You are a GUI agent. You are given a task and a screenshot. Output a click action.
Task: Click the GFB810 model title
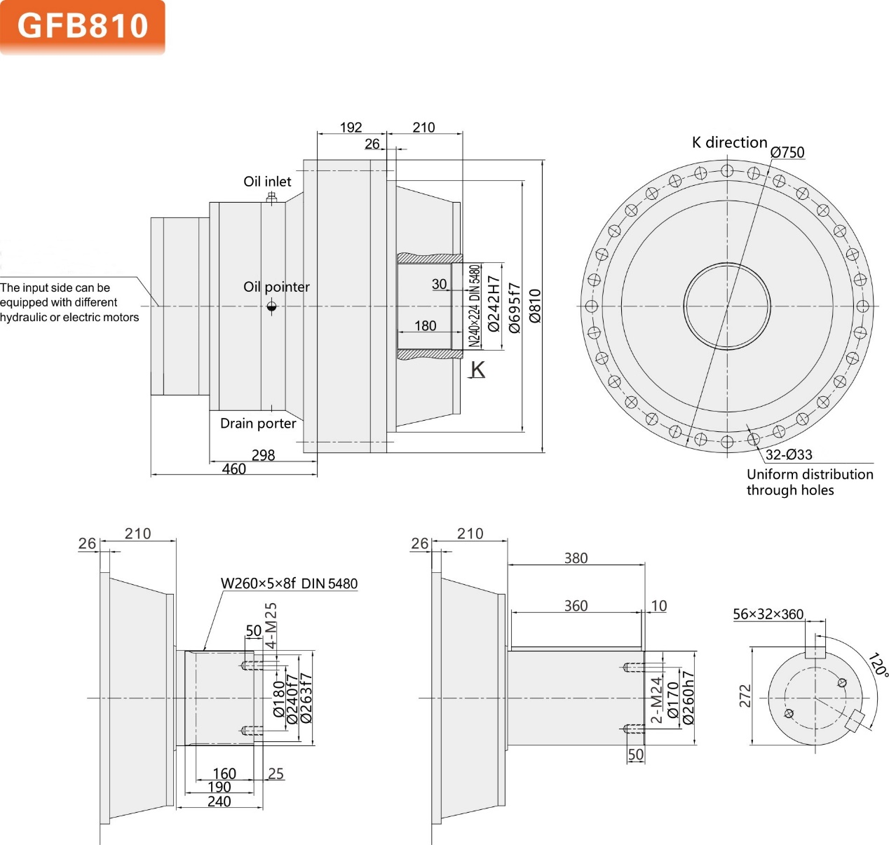tap(83, 26)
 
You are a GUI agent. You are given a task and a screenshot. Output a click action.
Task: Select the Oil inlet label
tap(267, 182)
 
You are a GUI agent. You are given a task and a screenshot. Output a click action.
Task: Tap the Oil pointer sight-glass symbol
tap(272, 306)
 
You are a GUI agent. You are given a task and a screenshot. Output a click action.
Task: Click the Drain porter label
tap(258, 424)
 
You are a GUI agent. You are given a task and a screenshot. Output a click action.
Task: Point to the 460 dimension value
tap(234, 469)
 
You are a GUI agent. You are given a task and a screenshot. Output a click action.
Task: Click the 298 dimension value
tap(263, 455)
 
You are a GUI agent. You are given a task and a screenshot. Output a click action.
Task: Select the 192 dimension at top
tap(351, 128)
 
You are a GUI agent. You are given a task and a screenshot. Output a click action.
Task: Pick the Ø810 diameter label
tap(535, 306)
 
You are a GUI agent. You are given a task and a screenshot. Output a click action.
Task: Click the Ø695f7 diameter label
tap(515, 308)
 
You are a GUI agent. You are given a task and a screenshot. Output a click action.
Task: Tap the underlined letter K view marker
tap(477, 370)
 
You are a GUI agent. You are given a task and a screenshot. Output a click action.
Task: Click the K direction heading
tap(729, 142)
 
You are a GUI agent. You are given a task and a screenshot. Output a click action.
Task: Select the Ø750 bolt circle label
tap(787, 152)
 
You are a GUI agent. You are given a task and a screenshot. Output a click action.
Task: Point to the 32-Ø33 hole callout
tap(789, 454)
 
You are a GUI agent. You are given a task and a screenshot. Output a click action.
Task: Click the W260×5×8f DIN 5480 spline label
tap(289, 583)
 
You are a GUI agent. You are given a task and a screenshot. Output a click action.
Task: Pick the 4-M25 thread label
tap(271, 626)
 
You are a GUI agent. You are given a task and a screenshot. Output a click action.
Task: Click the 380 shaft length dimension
tap(576, 558)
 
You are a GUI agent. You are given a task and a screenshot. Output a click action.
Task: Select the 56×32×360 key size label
tap(768, 614)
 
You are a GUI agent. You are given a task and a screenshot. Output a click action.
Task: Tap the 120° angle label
tap(877, 665)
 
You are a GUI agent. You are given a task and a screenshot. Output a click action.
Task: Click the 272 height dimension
tap(745, 696)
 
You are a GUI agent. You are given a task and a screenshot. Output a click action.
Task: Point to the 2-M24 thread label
tap(656, 700)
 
